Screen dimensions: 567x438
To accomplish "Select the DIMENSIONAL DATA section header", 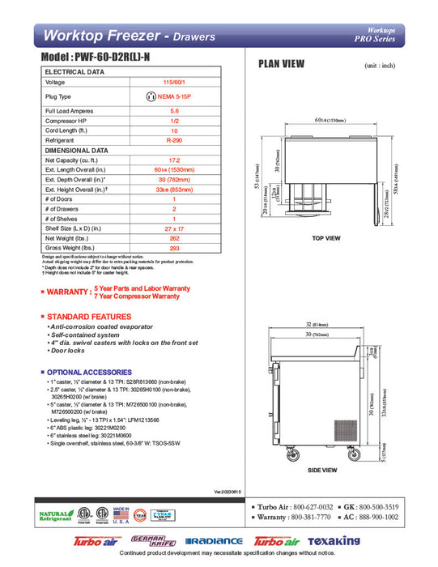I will [77, 151].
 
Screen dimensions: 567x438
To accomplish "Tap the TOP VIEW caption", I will [325, 238].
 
